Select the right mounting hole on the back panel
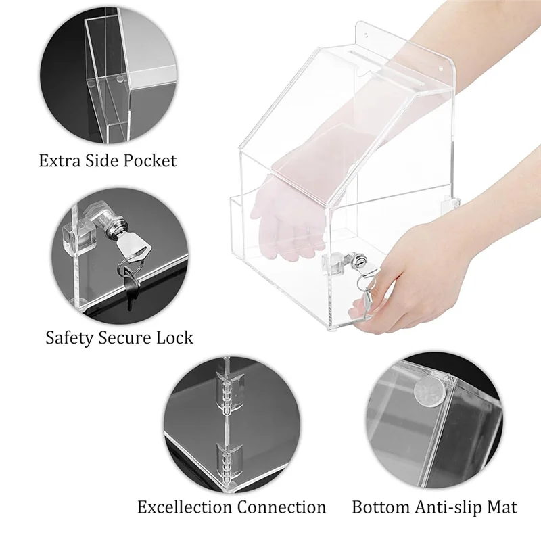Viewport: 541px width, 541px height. click(x=444, y=67)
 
